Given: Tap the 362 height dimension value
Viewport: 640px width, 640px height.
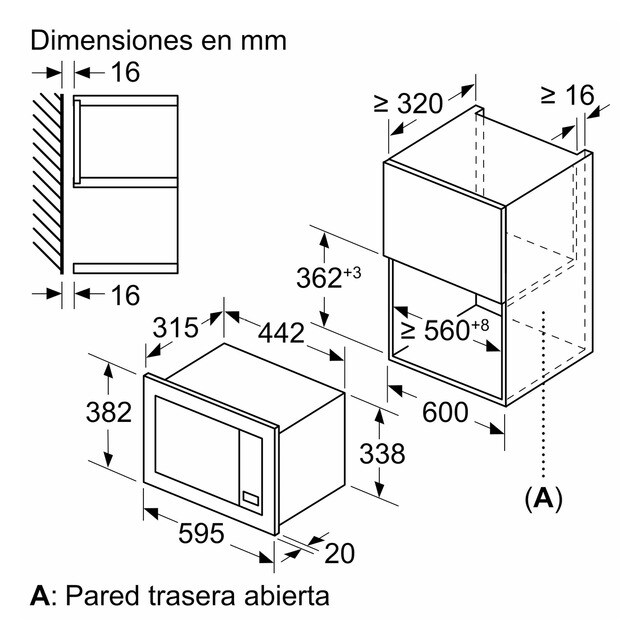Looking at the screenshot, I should (x=320, y=279).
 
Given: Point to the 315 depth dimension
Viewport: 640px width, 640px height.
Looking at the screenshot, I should (x=180, y=328).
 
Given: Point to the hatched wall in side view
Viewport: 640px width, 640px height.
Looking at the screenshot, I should (x=49, y=182).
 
